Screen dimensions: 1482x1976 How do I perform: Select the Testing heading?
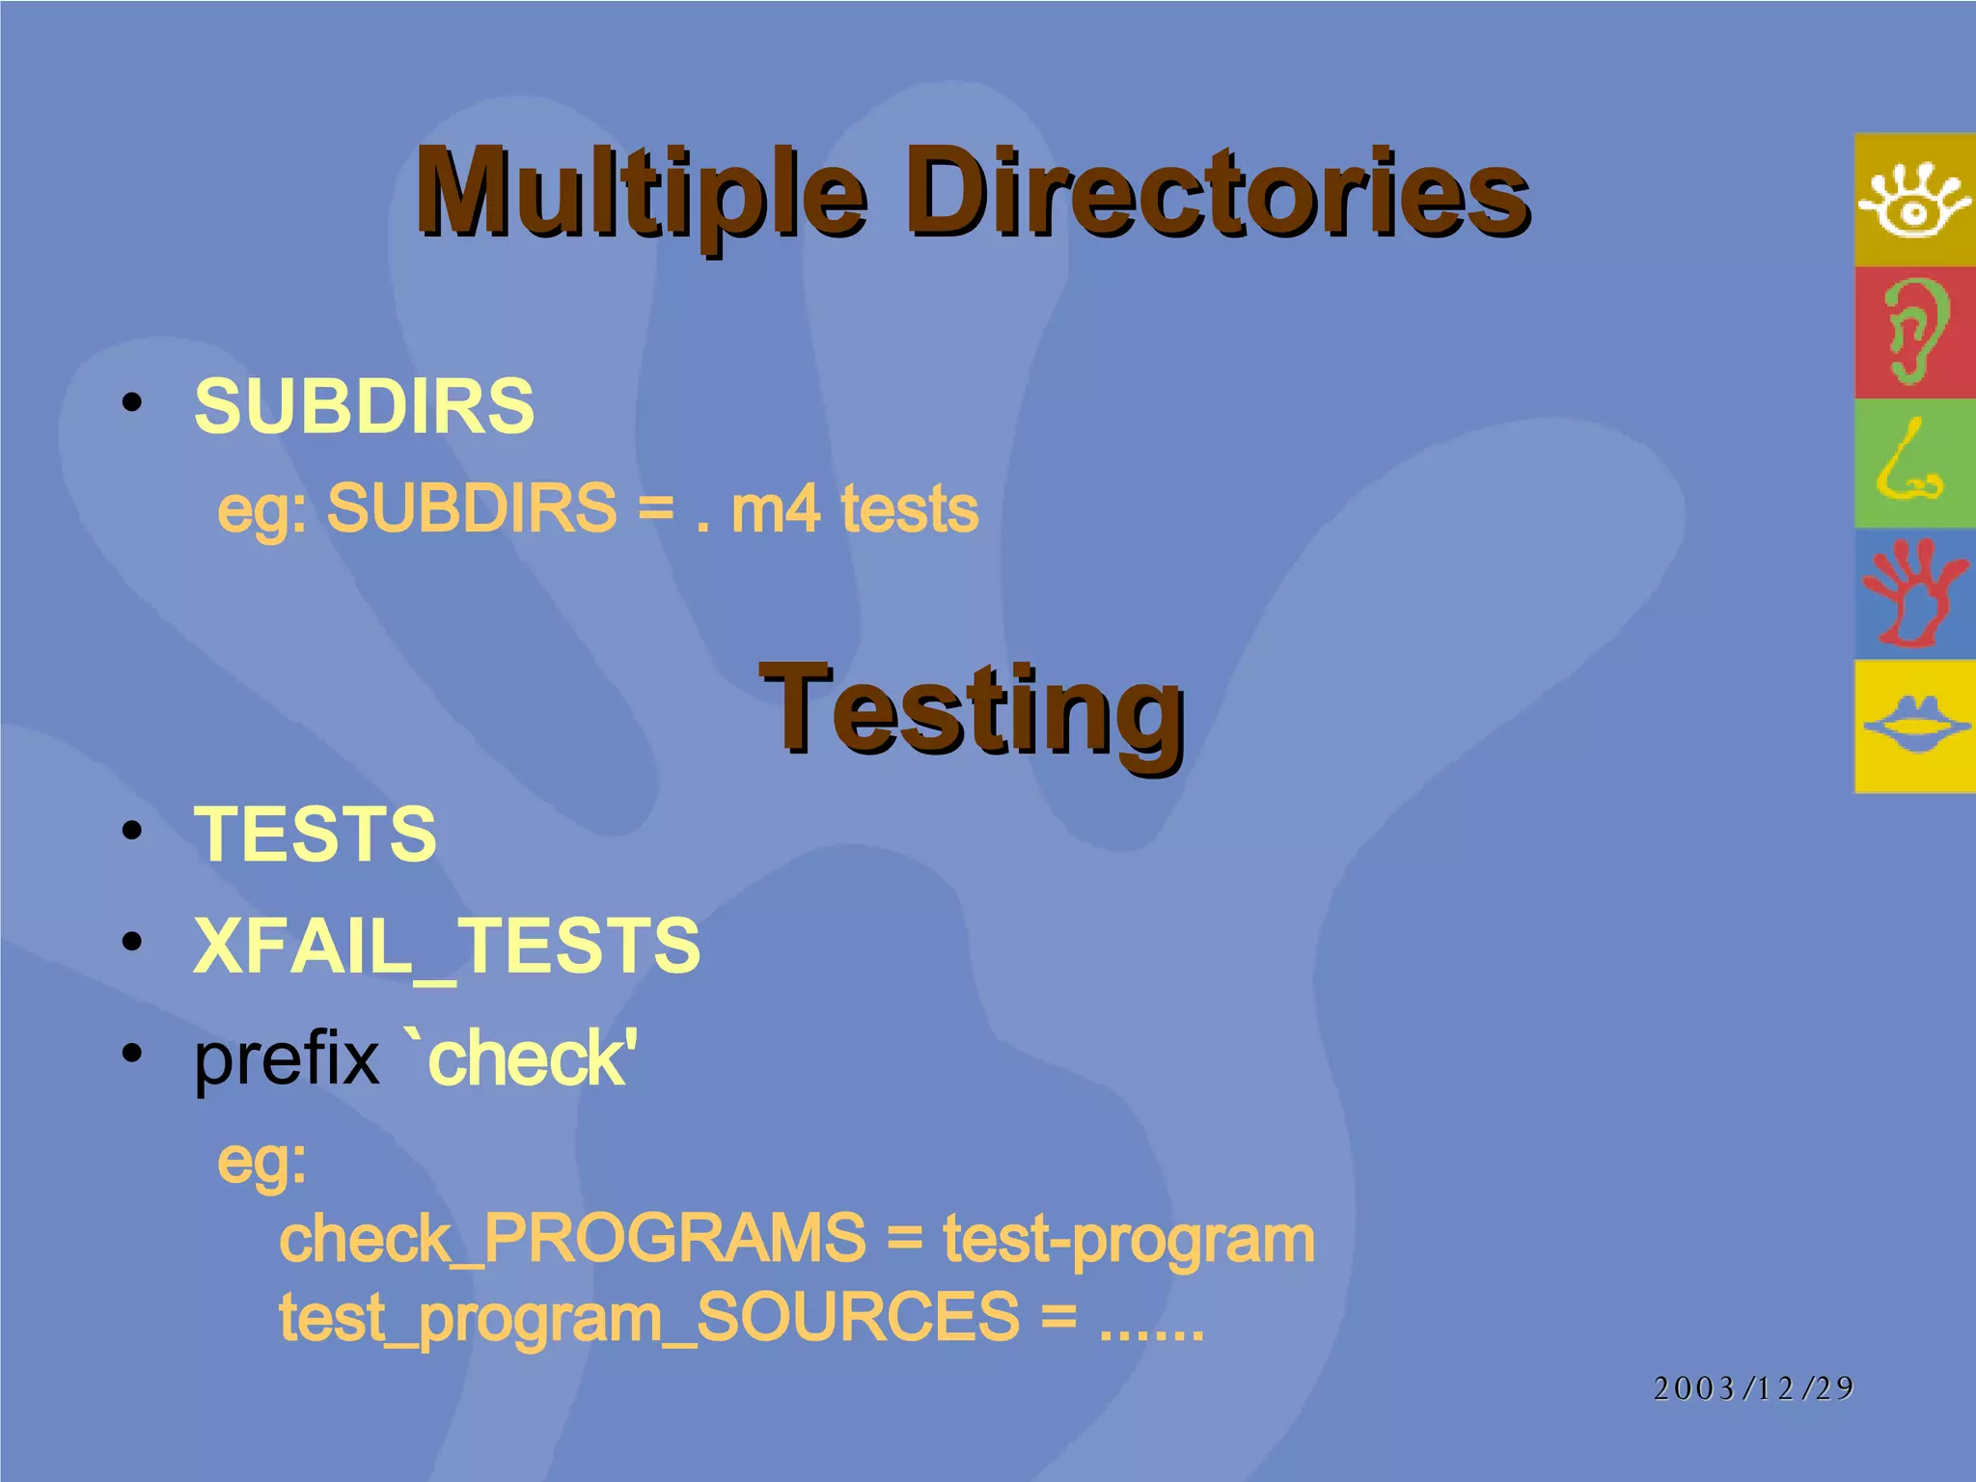pyautogui.click(x=972, y=712)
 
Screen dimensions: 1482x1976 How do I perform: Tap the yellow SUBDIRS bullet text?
pyautogui.click(x=364, y=406)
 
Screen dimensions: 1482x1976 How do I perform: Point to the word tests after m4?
pyautogui.click(x=909, y=508)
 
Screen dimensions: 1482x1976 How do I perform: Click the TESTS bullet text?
pyautogui.click(x=316, y=834)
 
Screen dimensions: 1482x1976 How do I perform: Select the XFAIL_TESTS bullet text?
pyautogui.click(x=447, y=946)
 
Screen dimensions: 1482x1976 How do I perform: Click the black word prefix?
pyautogui.click(x=287, y=1059)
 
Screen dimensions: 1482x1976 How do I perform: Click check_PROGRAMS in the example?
pyautogui.click(x=572, y=1238)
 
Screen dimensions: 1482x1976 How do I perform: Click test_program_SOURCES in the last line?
pyautogui.click(x=648, y=1317)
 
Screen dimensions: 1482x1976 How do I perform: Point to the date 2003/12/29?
pyautogui.click(x=1753, y=1387)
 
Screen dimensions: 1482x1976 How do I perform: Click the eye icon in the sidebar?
pyautogui.click(x=1914, y=200)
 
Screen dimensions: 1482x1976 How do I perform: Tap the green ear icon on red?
pyautogui.click(x=1914, y=332)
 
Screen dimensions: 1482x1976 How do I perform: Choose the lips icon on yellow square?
pyautogui.click(x=1914, y=726)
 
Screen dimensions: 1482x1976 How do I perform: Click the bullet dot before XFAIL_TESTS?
pyautogui.click(x=132, y=941)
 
